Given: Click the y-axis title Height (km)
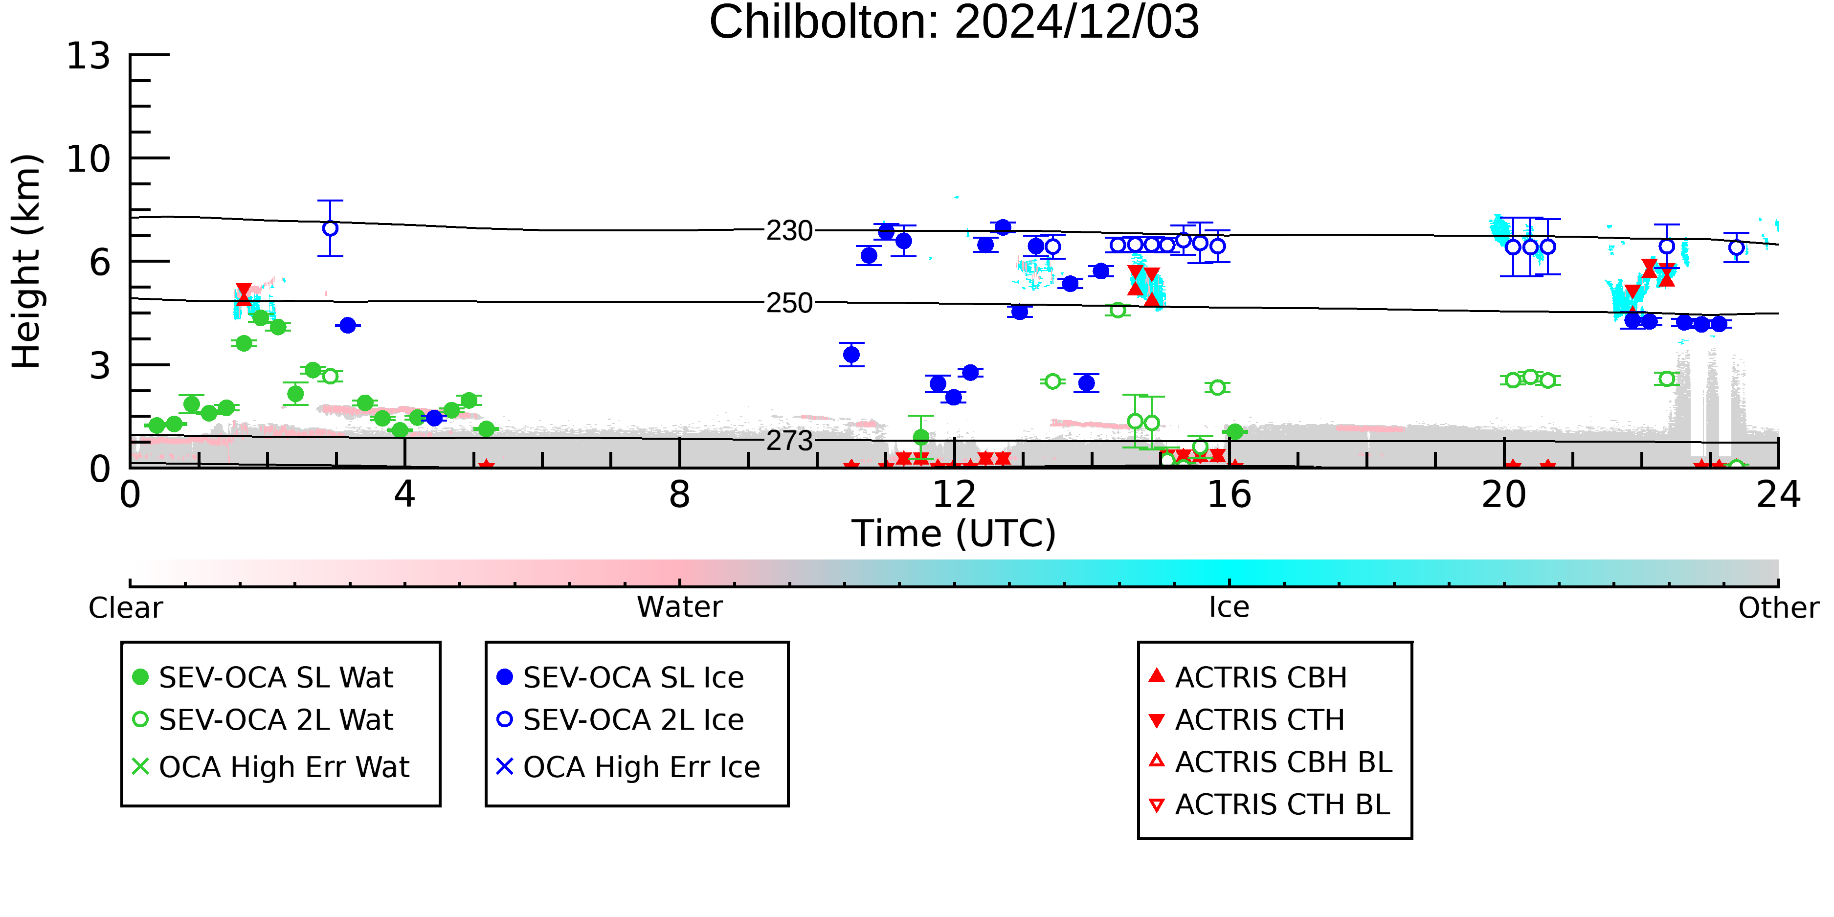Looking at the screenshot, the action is pos(26,261).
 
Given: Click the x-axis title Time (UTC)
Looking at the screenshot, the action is pos(954,534).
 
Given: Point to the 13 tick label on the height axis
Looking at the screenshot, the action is pos(89,56).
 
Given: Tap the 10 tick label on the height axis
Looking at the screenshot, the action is pos(89,159).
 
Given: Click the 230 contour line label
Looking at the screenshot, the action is pos(789,231).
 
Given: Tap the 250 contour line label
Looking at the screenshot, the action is pos(789,303).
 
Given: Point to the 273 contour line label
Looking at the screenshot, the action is pos(789,442).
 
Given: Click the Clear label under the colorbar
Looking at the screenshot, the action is pos(125,608).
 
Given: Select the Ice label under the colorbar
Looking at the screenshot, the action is pos(1229,607).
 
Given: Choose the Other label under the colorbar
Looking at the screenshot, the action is pos(1778,608).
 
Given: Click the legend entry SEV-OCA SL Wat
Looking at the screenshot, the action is pos(264,677).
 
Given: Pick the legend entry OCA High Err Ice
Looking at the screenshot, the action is pos(628,767).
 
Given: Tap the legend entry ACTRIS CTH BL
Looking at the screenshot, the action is pos(1270,805).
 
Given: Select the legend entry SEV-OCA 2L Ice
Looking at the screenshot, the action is pos(620,720).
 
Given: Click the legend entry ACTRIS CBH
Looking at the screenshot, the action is pos(1248,677).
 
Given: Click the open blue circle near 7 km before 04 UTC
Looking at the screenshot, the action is pos(330,228).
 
